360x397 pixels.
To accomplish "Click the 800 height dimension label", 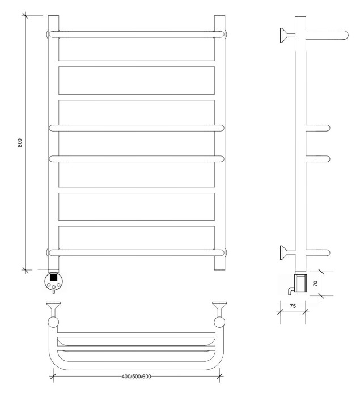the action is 20,143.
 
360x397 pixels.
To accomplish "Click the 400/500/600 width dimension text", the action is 136,377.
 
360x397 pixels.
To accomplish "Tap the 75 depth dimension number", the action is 293,306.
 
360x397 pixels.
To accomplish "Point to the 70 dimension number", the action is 315,283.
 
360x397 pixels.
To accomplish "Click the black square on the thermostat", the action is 53,277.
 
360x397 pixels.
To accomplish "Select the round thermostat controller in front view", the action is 53,281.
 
